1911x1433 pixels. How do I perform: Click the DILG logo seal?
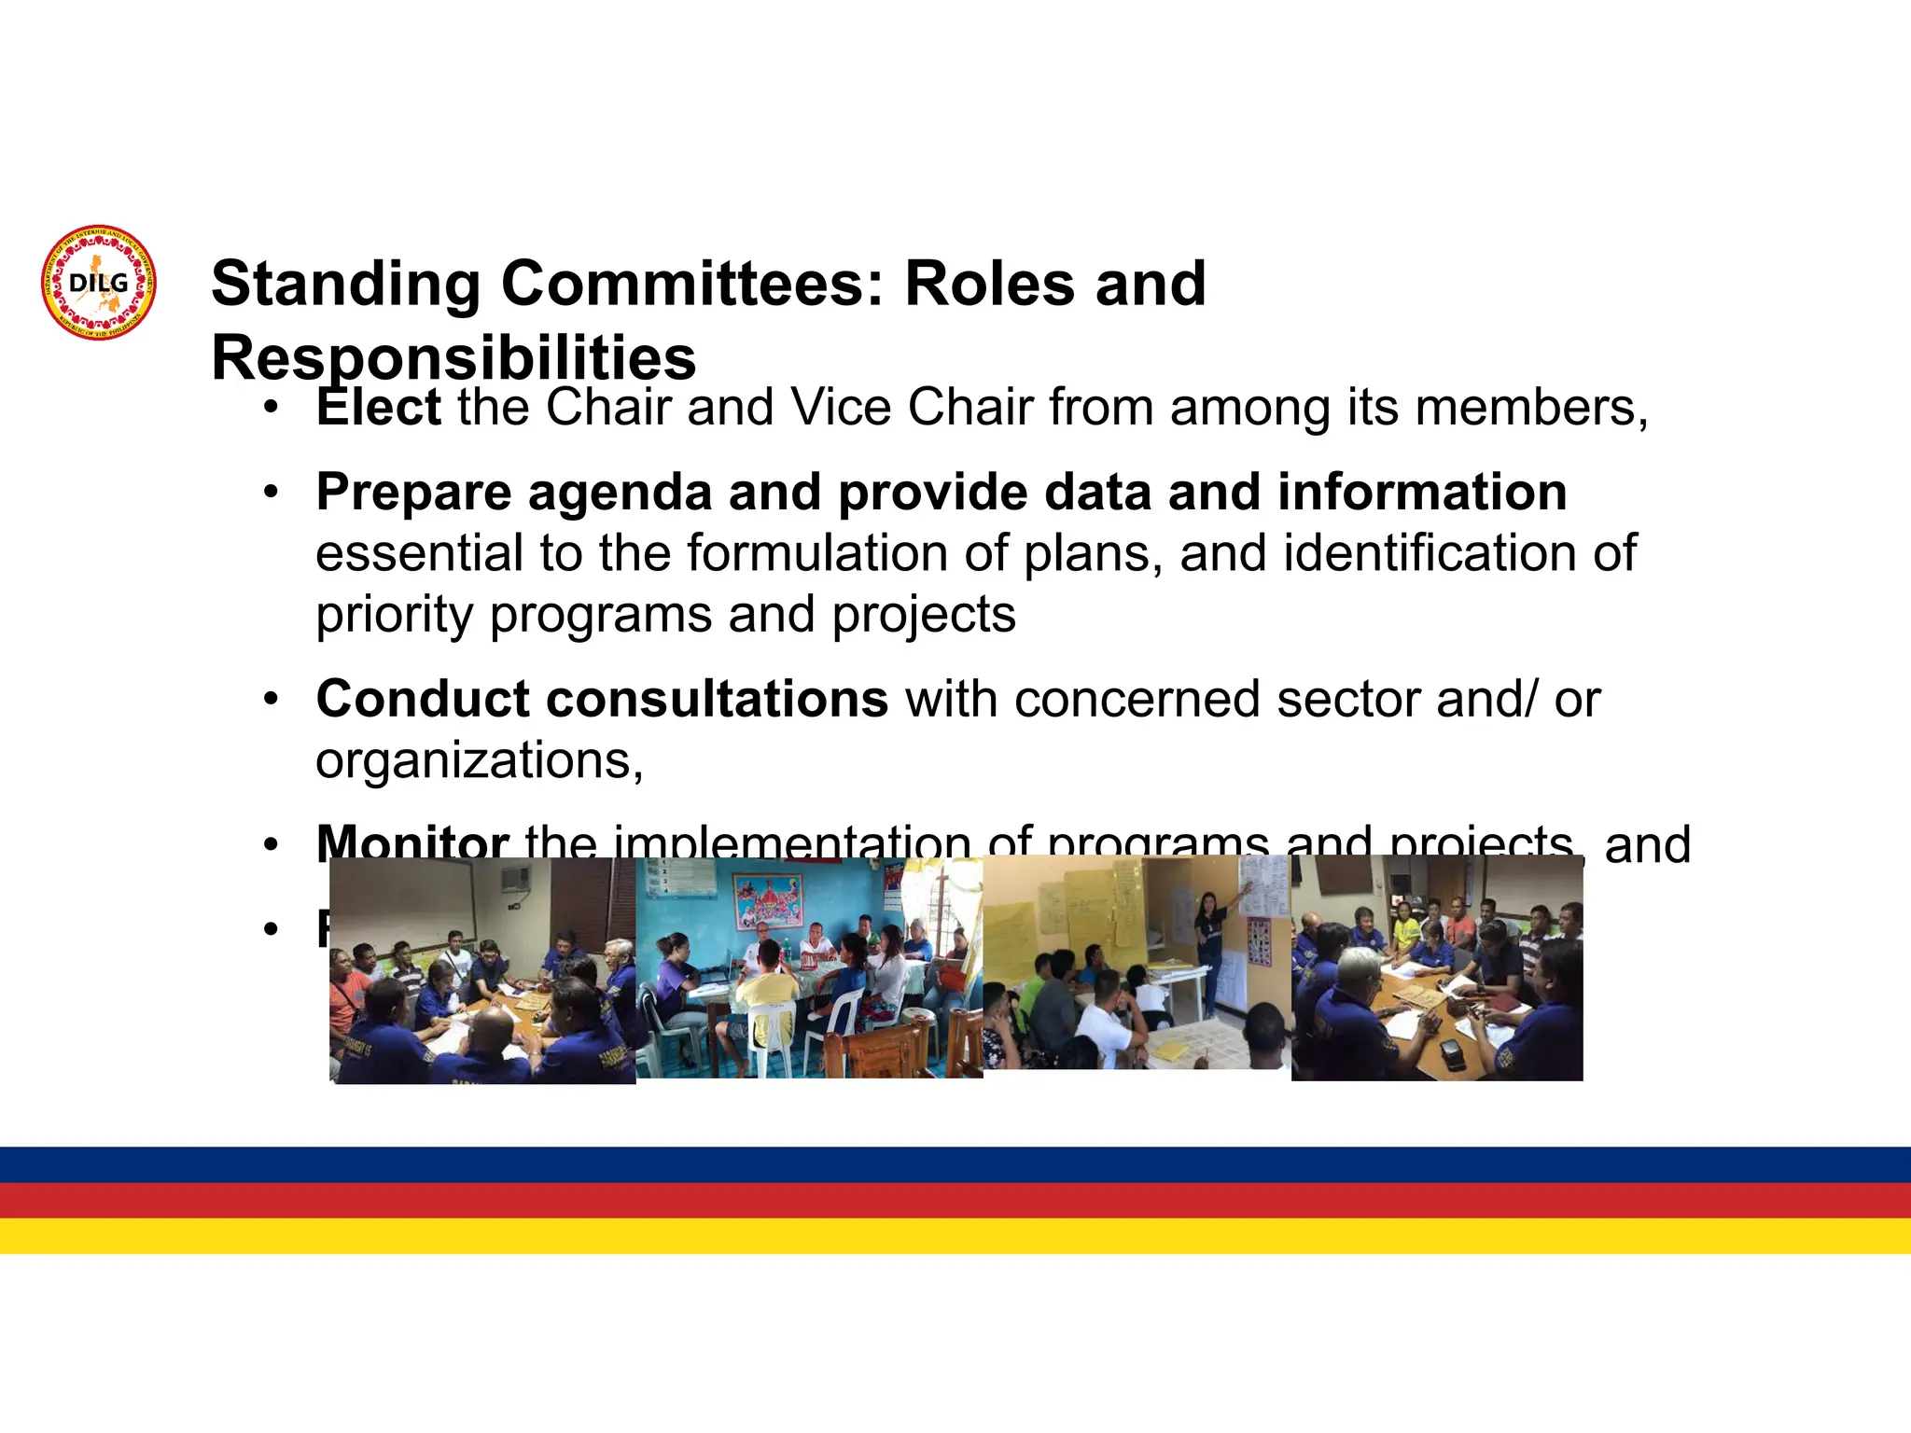(x=99, y=283)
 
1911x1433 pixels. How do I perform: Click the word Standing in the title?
(x=345, y=284)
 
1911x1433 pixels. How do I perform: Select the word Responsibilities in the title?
(x=453, y=358)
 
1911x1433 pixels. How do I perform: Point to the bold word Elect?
(x=378, y=408)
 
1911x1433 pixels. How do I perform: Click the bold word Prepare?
(x=413, y=493)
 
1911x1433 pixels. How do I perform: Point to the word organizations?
(x=480, y=760)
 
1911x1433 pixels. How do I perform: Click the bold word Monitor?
(x=411, y=842)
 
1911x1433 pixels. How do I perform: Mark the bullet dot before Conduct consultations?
(x=271, y=699)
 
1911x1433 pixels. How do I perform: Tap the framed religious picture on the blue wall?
(x=767, y=900)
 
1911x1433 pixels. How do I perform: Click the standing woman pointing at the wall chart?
(x=1210, y=942)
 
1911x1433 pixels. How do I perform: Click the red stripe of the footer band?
(x=955, y=1200)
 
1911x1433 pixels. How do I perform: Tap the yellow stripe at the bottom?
(x=955, y=1235)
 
